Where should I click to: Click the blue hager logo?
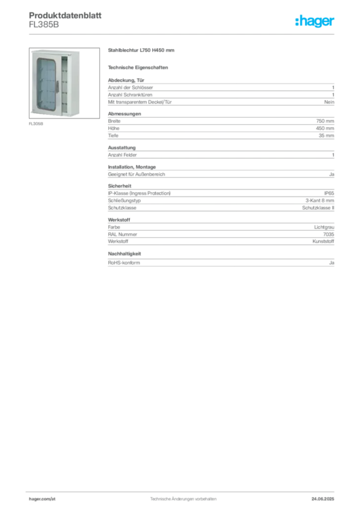(315, 21)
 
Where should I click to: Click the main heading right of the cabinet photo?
(141, 50)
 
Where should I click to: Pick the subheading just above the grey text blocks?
(139, 67)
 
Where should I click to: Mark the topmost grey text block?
(220, 92)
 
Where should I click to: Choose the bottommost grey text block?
(220, 260)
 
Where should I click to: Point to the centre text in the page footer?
(184, 496)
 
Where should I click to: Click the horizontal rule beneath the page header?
(182, 34)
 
